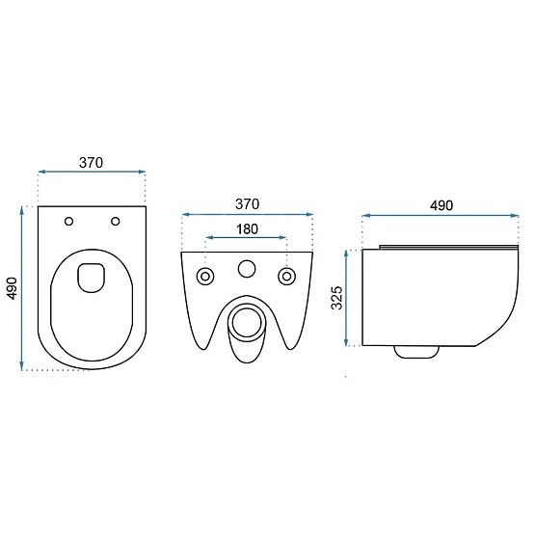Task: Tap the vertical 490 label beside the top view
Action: (x=11, y=286)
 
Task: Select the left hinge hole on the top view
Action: (x=68, y=223)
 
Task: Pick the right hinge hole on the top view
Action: (x=116, y=223)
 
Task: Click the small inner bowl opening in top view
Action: (x=92, y=276)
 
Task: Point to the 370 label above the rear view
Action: (x=247, y=203)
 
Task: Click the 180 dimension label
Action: (x=247, y=228)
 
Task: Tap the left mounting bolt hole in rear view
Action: (x=205, y=277)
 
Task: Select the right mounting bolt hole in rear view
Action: (x=286, y=277)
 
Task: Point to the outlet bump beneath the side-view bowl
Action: (x=415, y=352)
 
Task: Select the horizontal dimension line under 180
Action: (x=247, y=239)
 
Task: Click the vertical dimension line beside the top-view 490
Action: (x=23, y=286)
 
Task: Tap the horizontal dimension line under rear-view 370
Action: (x=247, y=215)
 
